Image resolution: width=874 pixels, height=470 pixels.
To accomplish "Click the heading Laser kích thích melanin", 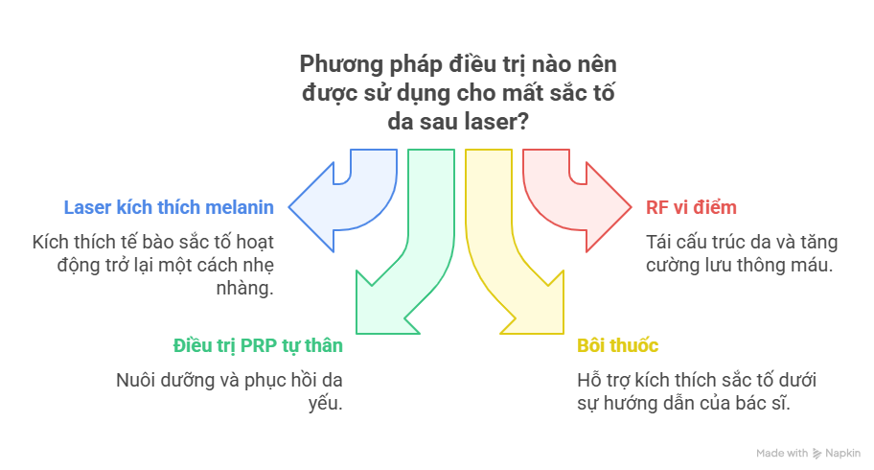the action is [169, 207].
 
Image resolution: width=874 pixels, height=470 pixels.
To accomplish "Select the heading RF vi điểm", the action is [678, 207].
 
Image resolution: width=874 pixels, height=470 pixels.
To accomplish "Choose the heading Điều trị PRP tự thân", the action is [258, 345].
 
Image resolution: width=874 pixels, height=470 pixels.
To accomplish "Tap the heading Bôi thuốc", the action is [617, 345].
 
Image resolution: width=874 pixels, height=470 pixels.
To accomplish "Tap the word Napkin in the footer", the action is [842, 454].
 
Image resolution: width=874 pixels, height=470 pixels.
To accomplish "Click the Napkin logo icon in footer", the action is [816, 454].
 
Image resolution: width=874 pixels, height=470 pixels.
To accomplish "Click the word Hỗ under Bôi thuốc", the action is [589, 380].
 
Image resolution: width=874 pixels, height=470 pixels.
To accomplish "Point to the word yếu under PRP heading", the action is [327, 403].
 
